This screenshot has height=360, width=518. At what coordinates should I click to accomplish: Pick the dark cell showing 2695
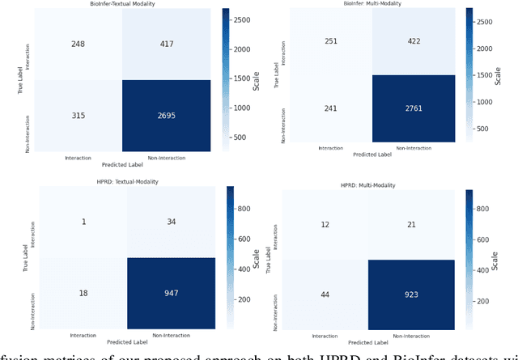point(168,115)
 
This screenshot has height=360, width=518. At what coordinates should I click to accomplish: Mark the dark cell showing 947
point(170,292)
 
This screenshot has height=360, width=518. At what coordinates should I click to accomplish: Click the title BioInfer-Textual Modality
point(123,5)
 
